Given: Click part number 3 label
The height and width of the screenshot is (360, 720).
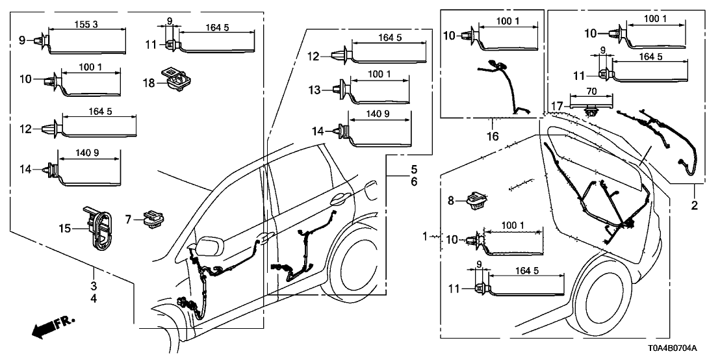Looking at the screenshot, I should click(x=94, y=286).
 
